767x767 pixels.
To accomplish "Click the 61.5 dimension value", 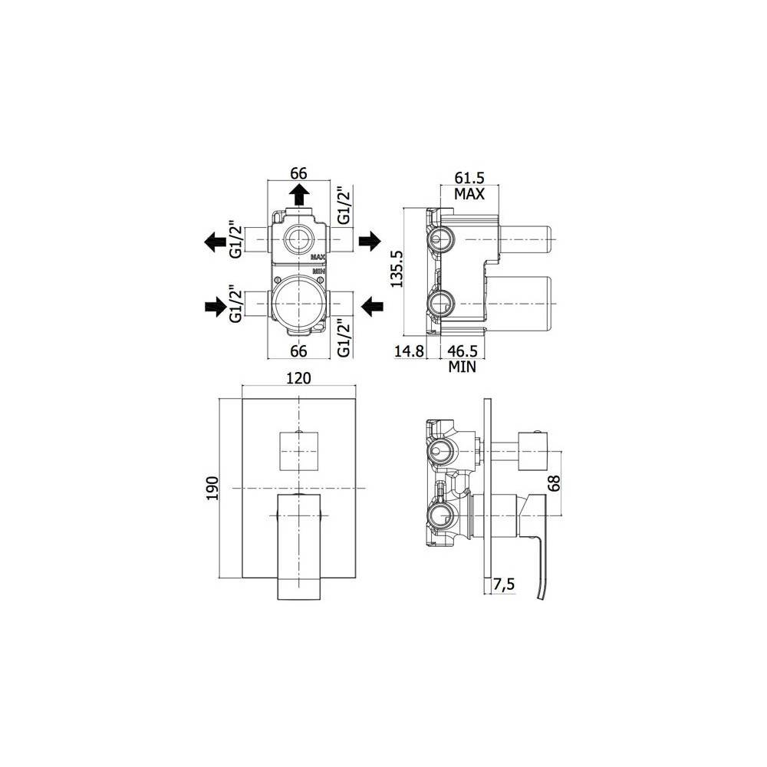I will pyautogui.click(x=469, y=178).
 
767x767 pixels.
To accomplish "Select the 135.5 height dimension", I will pyautogui.click(x=396, y=271).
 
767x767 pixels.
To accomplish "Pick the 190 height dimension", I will pyautogui.click(x=212, y=488).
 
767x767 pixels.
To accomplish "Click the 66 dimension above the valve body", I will pyautogui.click(x=299, y=173).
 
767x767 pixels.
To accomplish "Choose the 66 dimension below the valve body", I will pyautogui.click(x=299, y=351).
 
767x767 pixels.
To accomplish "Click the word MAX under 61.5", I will pyautogui.click(x=469, y=194).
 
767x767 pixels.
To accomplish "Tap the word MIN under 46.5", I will pyautogui.click(x=463, y=367).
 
